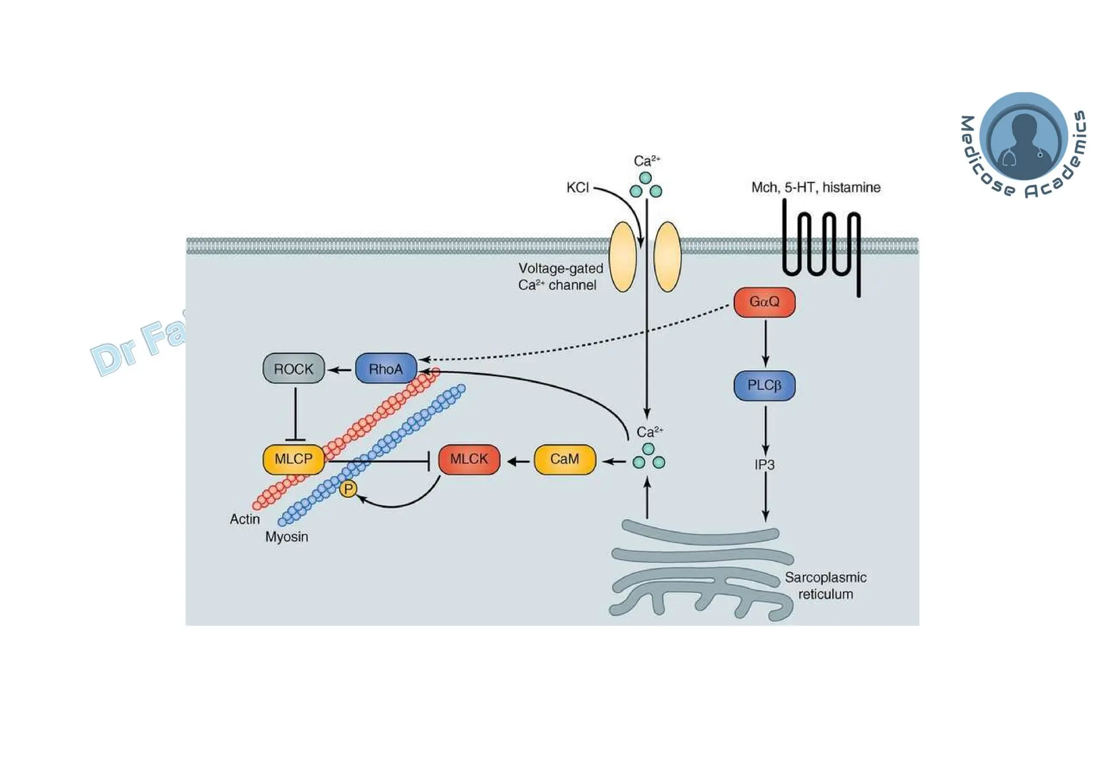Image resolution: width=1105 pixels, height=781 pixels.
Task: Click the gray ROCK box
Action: pyautogui.click(x=294, y=368)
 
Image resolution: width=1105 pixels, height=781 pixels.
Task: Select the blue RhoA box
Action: pyautogui.click(x=386, y=368)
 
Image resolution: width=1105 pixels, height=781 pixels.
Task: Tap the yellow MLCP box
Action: pyautogui.click(x=294, y=459)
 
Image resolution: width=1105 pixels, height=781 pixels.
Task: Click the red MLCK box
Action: pyautogui.click(x=469, y=459)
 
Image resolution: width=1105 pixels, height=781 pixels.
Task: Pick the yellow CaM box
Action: pyautogui.click(x=564, y=459)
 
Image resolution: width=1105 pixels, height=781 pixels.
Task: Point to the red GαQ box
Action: pyautogui.click(x=764, y=302)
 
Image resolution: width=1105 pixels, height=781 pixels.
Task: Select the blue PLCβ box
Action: pyautogui.click(x=764, y=385)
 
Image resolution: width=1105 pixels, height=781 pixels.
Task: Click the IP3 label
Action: pyautogui.click(x=764, y=464)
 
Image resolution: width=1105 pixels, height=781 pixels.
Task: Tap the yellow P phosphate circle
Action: pyautogui.click(x=348, y=489)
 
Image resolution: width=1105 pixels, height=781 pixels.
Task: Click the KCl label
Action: pyautogui.click(x=577, y=188)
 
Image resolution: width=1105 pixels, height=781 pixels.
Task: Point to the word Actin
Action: pyautogui.click(x=244, y=519)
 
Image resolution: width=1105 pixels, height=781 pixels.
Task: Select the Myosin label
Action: pyautogui.click(x=287, y=537)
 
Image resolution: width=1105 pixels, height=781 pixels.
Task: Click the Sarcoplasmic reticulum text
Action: pyautogui.click(x=825, y=586)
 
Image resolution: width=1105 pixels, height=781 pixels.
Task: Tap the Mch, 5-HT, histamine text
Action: pyautogui.click(x=815, y=188)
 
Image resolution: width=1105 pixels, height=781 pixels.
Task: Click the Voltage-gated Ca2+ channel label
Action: pyautogui.click(x=560, y=277)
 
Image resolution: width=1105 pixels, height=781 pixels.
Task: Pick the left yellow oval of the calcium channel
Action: pyautogui.click(x=623, y=257)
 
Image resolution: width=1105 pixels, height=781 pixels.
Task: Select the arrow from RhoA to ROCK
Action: pyautogui.click(x=340, y=369)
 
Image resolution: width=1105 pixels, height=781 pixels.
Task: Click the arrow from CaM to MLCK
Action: pyautogui.click(x=518, y=461)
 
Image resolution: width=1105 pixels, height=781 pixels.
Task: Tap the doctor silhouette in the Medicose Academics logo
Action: pyautogui.click(x=1024, y=142)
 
